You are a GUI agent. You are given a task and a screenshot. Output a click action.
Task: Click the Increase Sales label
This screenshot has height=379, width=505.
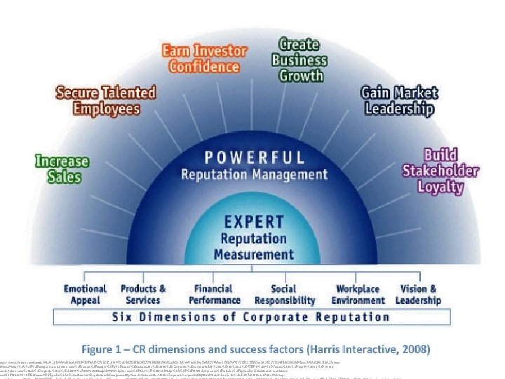click(63, 168)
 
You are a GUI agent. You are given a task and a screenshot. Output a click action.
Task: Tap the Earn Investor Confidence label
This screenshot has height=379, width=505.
click(204, 59)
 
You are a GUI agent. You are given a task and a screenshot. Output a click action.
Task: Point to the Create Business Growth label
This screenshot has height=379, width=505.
click(299, 59)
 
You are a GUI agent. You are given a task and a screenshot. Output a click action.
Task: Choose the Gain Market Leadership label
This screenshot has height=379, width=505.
click(398, 100)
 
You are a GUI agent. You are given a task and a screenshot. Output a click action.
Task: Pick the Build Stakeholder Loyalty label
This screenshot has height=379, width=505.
click(440, 170)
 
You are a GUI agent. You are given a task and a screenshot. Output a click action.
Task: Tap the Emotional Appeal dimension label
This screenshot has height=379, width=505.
click(85, 294)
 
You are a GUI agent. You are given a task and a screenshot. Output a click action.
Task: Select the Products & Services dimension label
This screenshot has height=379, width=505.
click(143, 294)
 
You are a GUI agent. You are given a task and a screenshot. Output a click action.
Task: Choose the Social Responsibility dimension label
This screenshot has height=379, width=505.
click(283, 294)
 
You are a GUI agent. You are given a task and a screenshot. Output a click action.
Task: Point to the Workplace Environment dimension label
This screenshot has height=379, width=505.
click(357, 294)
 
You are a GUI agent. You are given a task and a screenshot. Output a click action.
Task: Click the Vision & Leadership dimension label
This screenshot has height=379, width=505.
click(418, 294)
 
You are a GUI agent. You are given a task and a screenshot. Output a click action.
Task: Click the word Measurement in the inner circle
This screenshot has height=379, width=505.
click(253, 253)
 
